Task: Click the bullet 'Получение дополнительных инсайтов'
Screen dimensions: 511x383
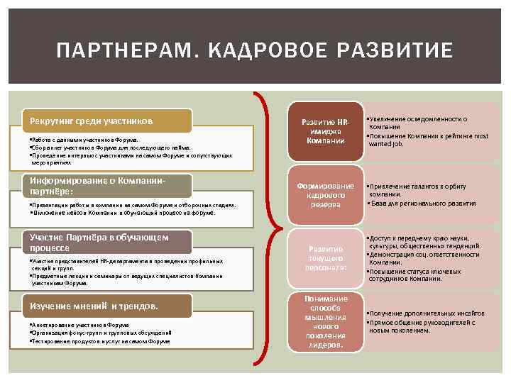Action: coord(426,313)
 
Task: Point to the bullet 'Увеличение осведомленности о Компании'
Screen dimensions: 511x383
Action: coord(419,123)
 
